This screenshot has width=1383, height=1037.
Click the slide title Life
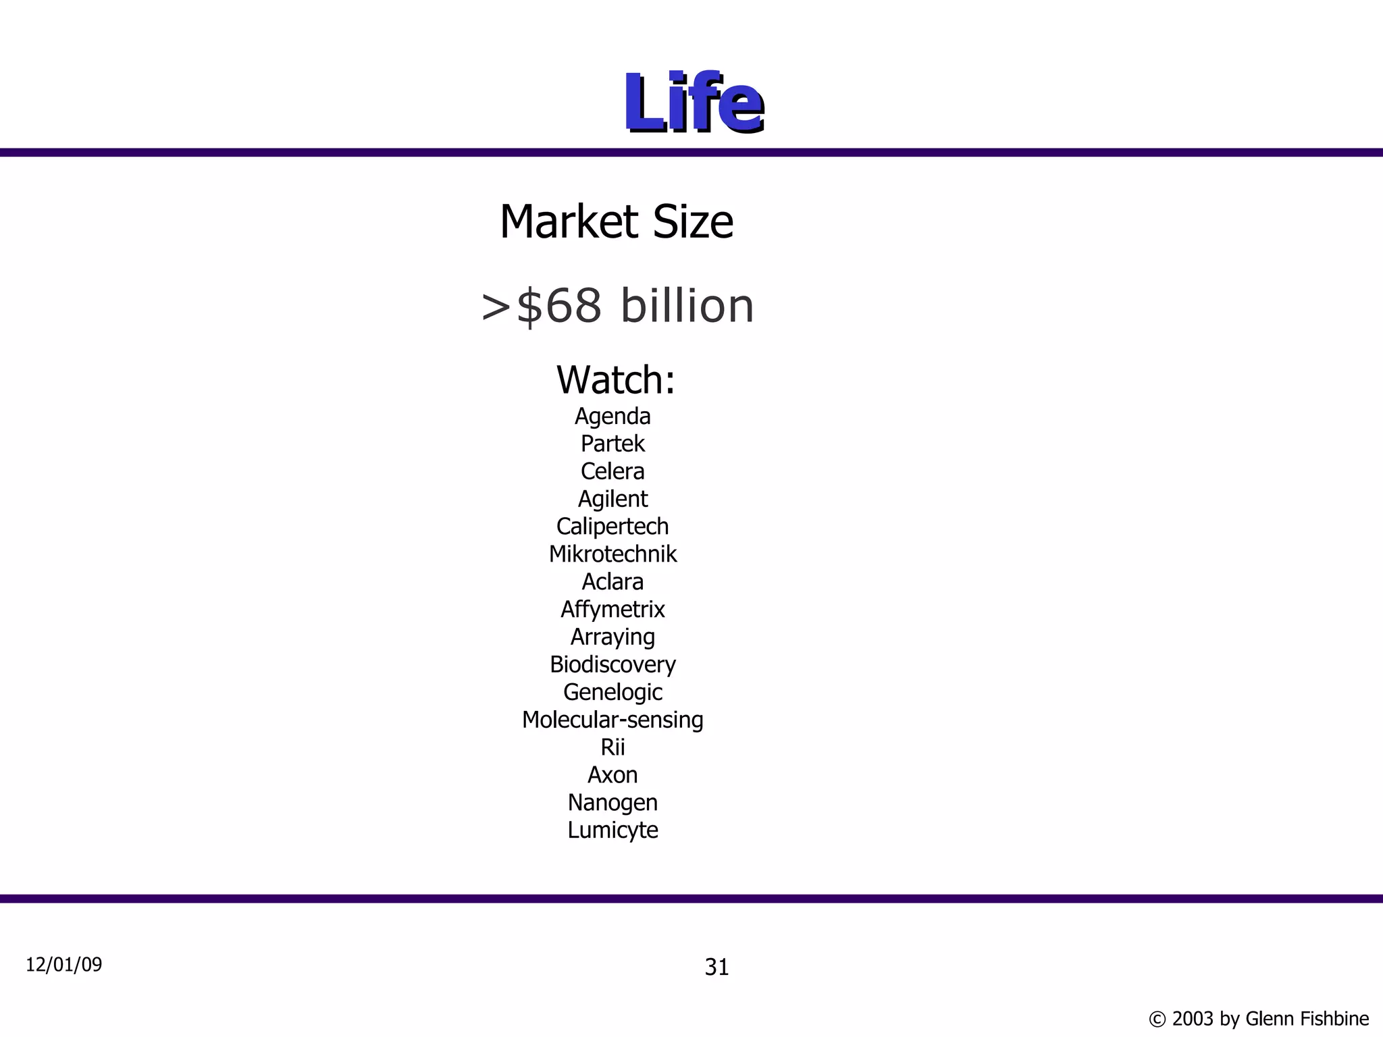[694, 103]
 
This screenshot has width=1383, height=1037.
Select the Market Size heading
[617, 222]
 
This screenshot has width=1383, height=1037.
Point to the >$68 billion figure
[617, 306]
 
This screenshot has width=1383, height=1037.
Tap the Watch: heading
[615, 379]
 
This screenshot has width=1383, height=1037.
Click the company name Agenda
[612, 417]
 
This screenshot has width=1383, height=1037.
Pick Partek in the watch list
[612, 444]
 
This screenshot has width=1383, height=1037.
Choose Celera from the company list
[612, 471]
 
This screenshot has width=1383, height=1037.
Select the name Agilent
[612, 499]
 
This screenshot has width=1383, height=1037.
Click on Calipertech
[612, 527]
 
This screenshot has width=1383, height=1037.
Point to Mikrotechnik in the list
[612, 554]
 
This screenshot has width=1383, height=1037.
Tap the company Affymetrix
[612, 610]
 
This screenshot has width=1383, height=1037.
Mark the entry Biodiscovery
[612, 665]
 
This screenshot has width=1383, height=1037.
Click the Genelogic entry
[612, 693]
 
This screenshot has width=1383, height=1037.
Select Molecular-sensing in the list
[612, 720]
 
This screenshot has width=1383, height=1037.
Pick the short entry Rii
[612, 747]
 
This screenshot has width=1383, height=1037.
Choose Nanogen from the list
[612, 803]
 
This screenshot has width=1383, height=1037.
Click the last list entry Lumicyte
[612, 830]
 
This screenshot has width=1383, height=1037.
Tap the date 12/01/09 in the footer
[64, 965]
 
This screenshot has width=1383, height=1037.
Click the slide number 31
[716, 967]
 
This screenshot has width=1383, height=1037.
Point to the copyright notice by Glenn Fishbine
[1259, 1019]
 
